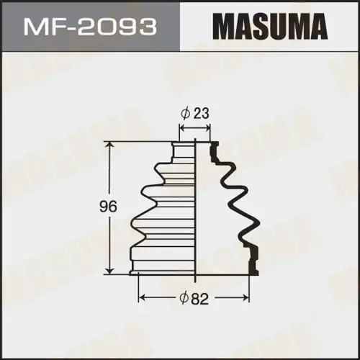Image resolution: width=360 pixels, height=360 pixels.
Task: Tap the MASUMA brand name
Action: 268,28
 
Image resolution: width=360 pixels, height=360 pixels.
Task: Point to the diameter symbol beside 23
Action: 185,112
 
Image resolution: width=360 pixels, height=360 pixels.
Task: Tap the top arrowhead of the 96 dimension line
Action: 110,145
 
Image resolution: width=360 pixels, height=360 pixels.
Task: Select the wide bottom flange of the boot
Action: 162,271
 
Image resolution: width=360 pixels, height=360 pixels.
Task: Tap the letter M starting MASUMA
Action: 222,28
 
